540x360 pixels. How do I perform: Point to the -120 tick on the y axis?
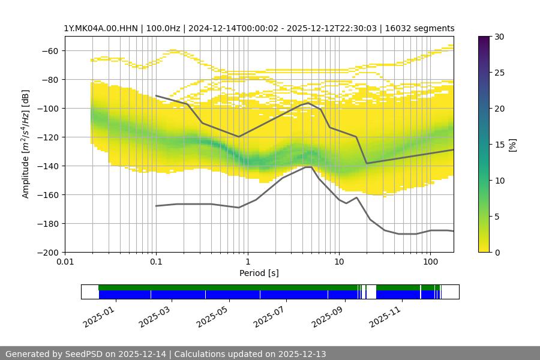[x=50, y=137]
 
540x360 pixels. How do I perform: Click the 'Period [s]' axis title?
[x=259, y=274]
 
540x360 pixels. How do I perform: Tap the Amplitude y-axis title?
[x=26, y=144]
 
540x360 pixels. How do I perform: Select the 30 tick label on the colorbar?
[x=499, y=37]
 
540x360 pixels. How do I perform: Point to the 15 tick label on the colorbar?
[x=499, y=145]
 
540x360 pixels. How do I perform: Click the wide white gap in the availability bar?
[x=371, y=292]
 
